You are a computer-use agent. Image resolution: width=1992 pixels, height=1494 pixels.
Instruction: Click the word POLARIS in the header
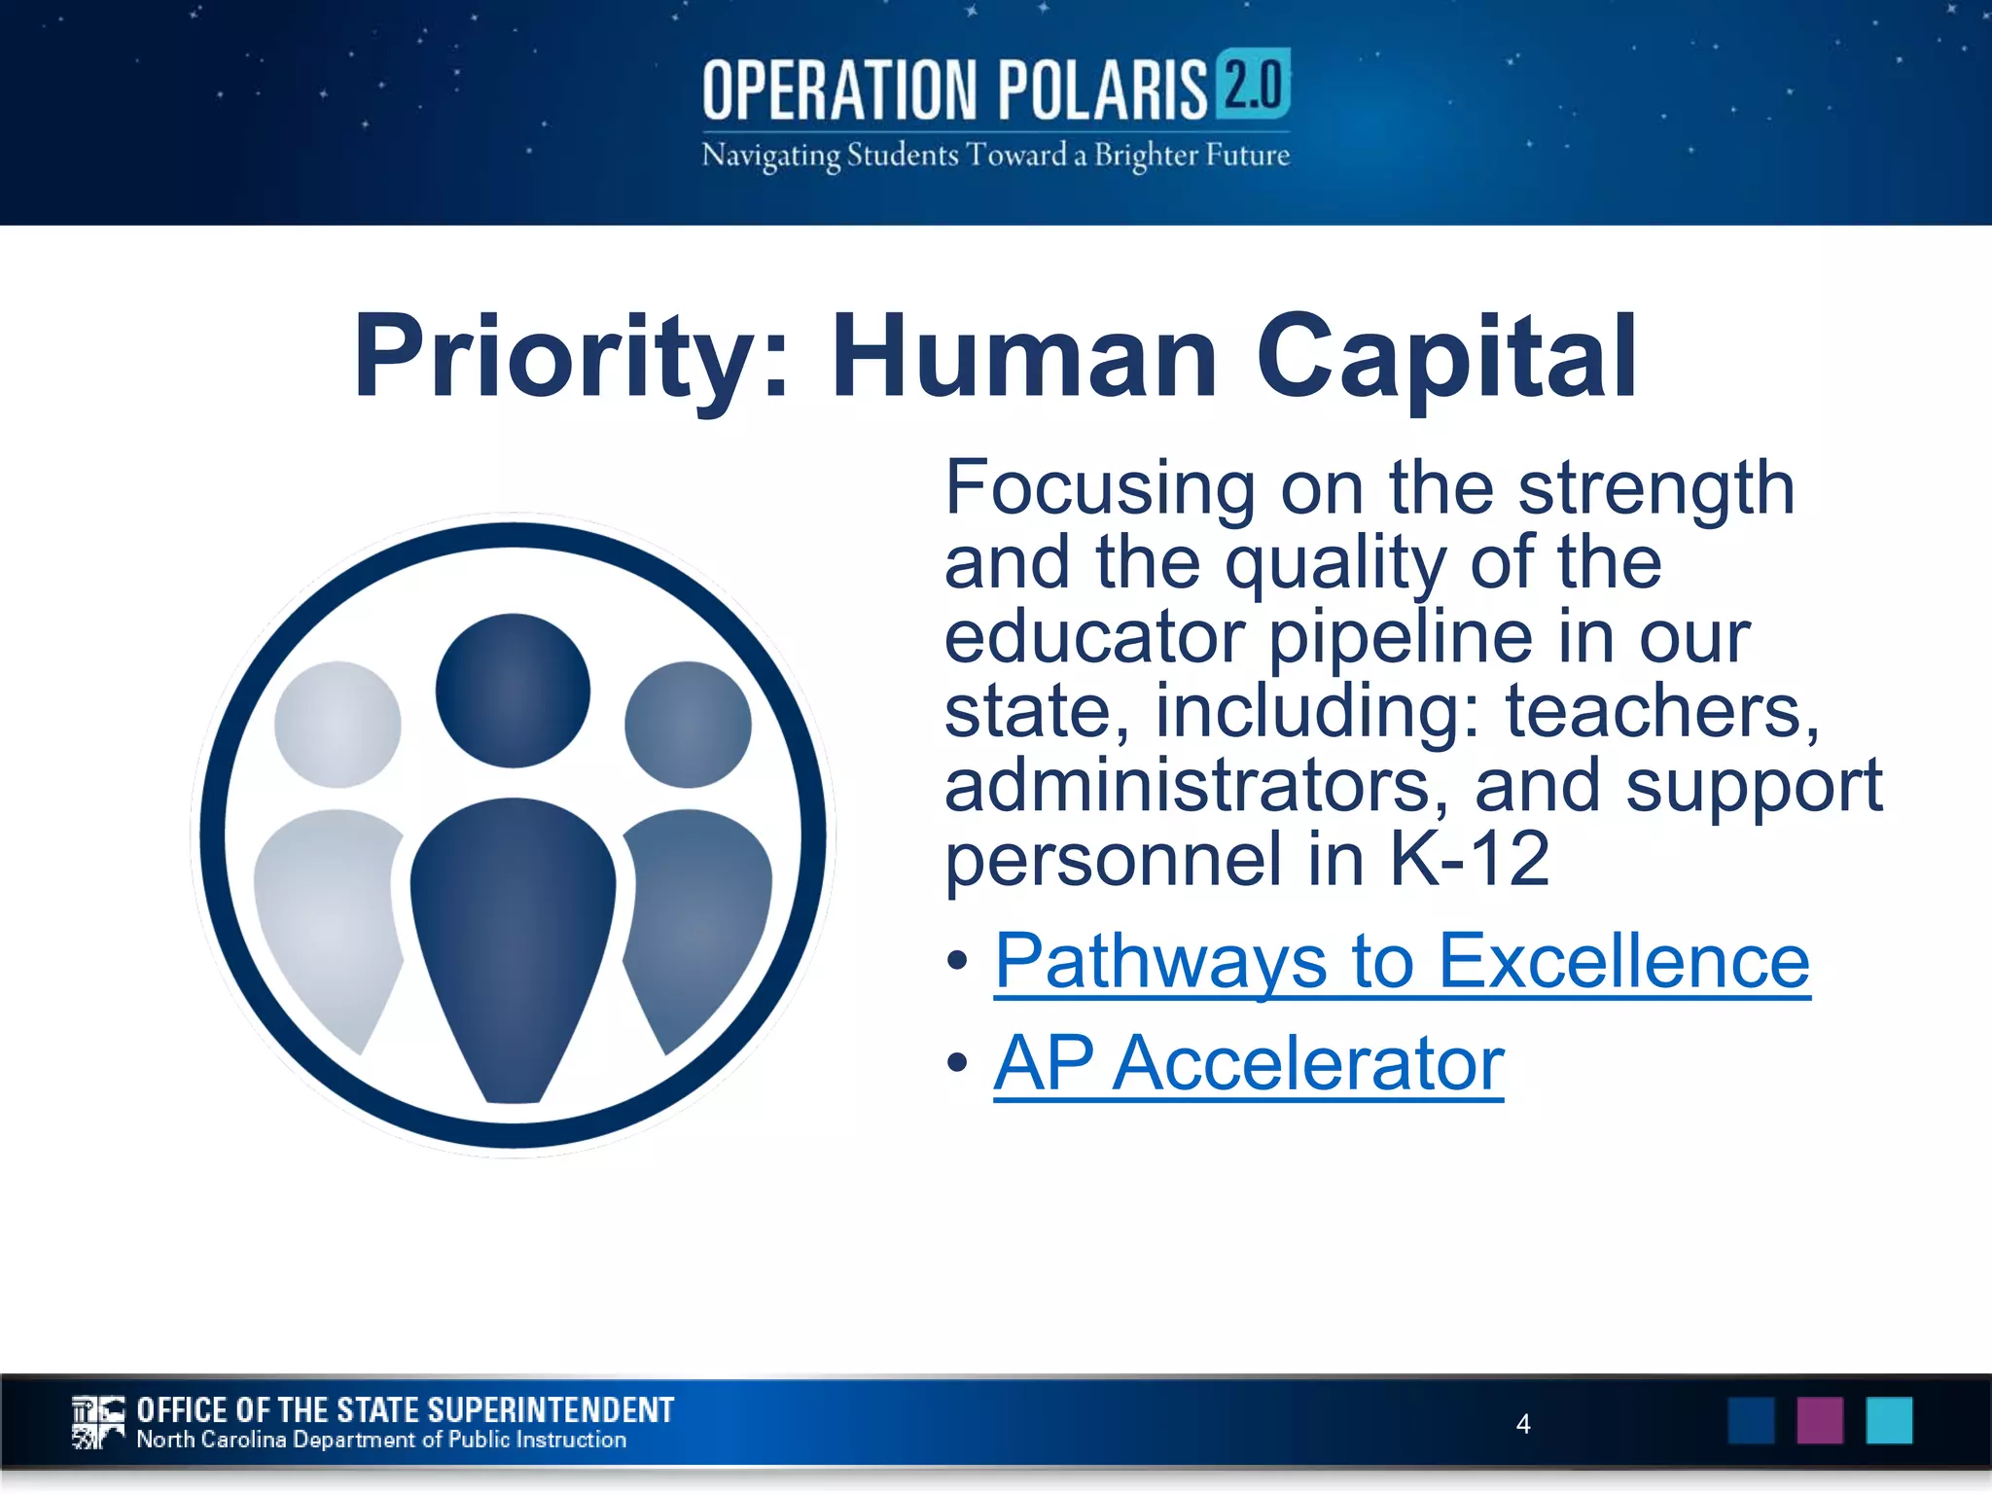1102,89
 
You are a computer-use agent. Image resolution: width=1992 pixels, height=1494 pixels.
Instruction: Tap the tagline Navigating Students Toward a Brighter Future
995,156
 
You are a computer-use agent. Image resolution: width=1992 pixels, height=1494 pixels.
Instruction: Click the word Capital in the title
1446,358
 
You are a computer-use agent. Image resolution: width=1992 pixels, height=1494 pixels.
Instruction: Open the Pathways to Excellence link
1402,962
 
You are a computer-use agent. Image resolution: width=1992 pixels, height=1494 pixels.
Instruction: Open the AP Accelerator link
1249,1064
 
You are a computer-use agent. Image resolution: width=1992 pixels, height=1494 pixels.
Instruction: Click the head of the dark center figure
513,690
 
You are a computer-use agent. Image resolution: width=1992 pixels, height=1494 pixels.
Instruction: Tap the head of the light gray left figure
338,725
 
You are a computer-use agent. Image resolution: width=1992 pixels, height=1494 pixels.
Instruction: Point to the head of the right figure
688,725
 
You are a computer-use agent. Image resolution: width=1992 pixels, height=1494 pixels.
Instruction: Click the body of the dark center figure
513,934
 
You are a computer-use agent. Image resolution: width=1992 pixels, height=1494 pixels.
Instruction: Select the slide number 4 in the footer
1523,1424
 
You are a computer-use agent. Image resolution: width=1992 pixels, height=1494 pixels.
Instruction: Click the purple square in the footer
1820,1420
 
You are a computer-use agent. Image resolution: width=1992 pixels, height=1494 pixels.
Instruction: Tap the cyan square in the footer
1889,1420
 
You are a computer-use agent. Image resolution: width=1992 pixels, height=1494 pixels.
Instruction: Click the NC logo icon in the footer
98,1422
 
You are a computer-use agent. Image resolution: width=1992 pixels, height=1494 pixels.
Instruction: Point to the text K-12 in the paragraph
1468,859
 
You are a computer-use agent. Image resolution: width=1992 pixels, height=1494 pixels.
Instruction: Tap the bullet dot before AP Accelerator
958,1063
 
